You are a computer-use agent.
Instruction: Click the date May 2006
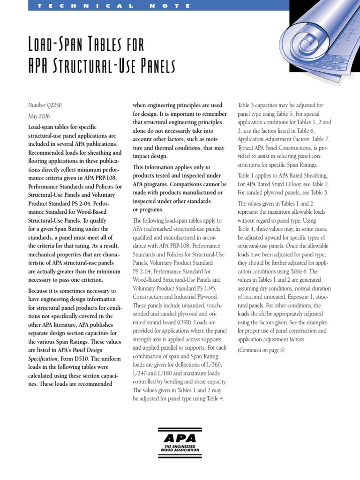tap(39, 116)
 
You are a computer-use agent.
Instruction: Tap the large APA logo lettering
tap(180, 438)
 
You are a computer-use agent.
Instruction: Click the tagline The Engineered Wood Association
tap(180, 448)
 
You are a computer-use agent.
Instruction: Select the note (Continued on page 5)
tap(261, 350)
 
